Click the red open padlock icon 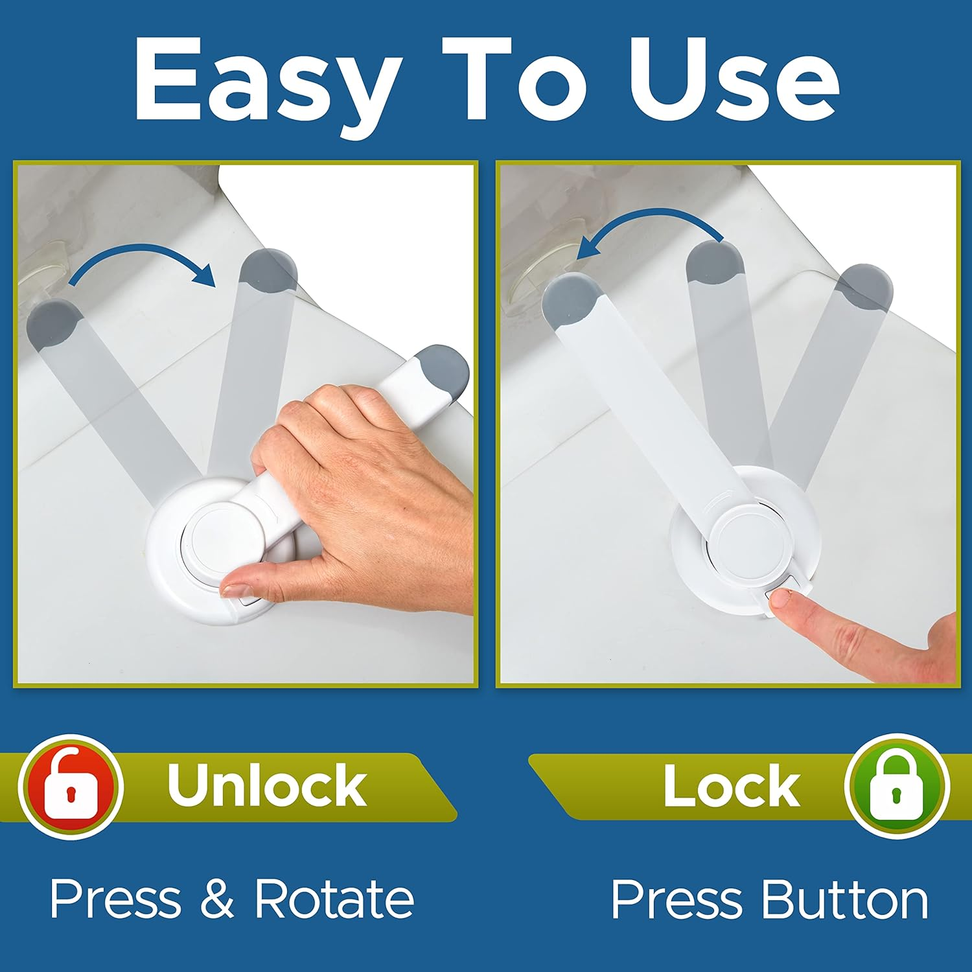[x=71, y=786]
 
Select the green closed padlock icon [x=897, y=786]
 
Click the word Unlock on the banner [x=266, y=785]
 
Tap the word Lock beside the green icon [x=731, y=786]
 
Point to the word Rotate [x=334, y=899]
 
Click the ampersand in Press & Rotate [x=217, y=899]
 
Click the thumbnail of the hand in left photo [x=235, y=590]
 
